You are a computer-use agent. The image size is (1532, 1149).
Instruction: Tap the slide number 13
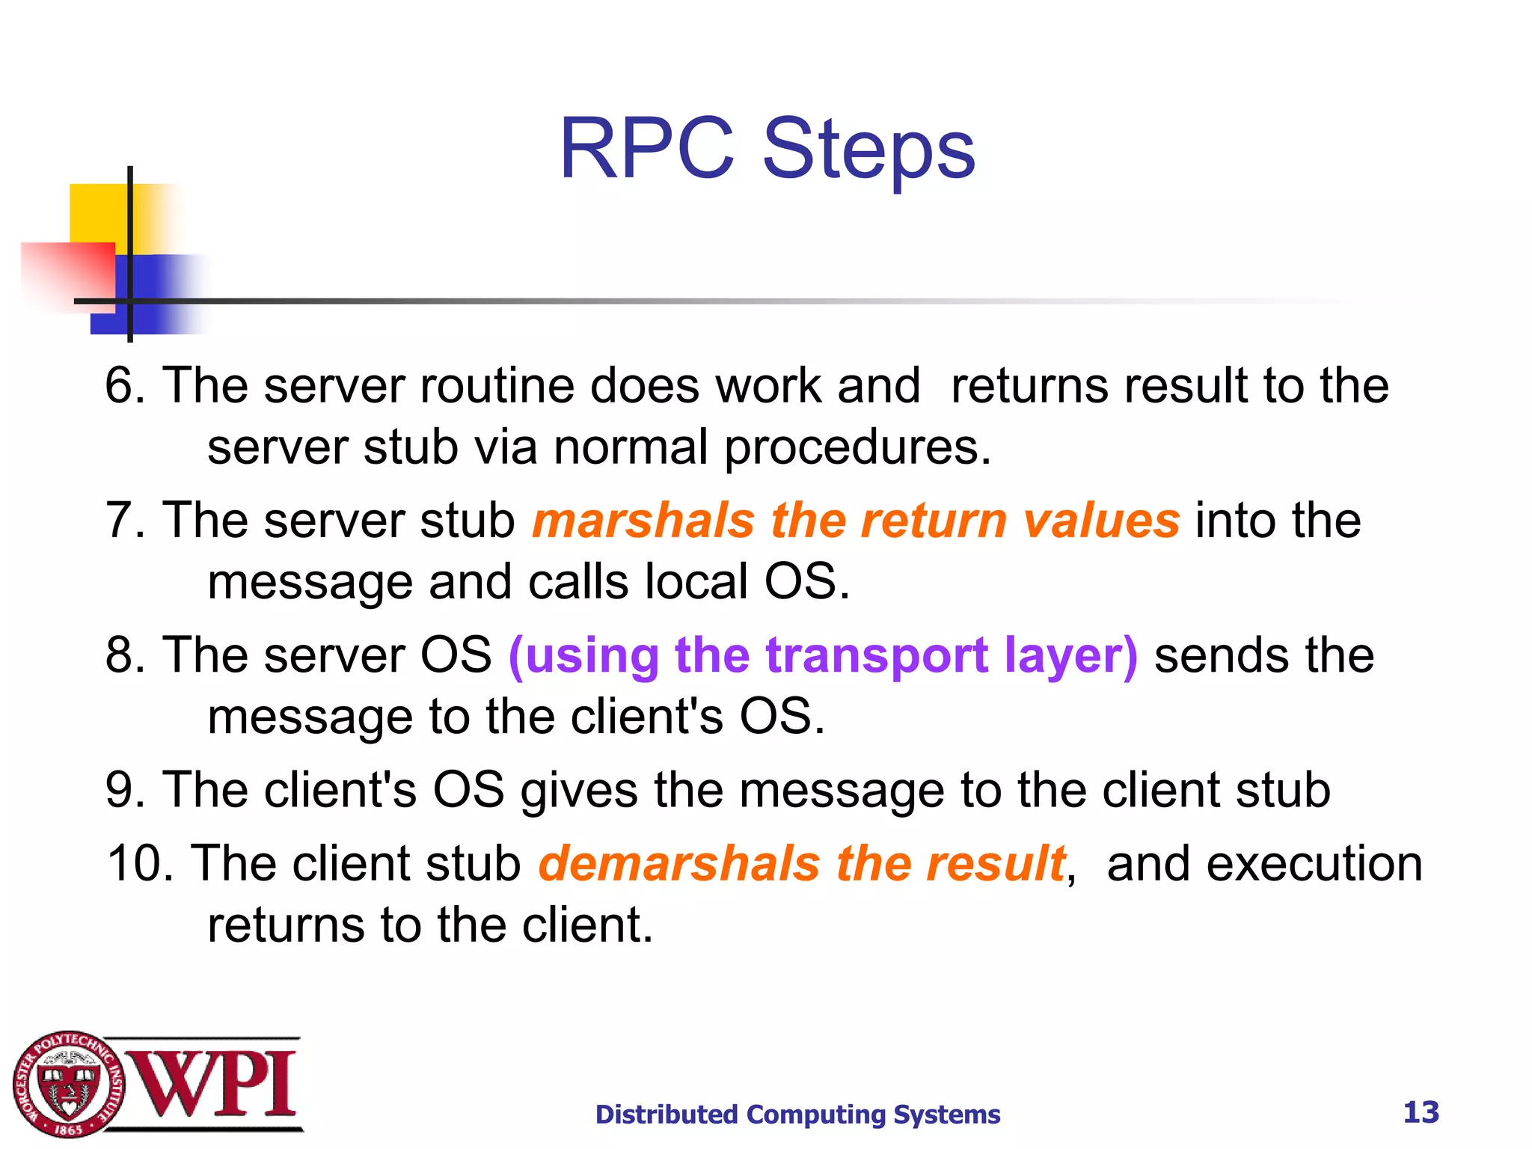[x=1421, y=1112]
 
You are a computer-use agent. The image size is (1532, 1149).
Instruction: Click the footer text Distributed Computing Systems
[x=797, y=1114]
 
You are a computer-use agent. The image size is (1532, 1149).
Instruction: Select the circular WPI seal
[x=69, y=1083]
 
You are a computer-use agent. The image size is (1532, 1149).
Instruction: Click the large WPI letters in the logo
[x=217, y=1083]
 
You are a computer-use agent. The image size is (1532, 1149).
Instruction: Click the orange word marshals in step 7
[x=643, y=521]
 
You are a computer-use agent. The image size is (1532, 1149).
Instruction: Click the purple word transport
[x=876, y=656]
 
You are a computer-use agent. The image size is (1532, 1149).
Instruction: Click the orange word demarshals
[x=678, y=863]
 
